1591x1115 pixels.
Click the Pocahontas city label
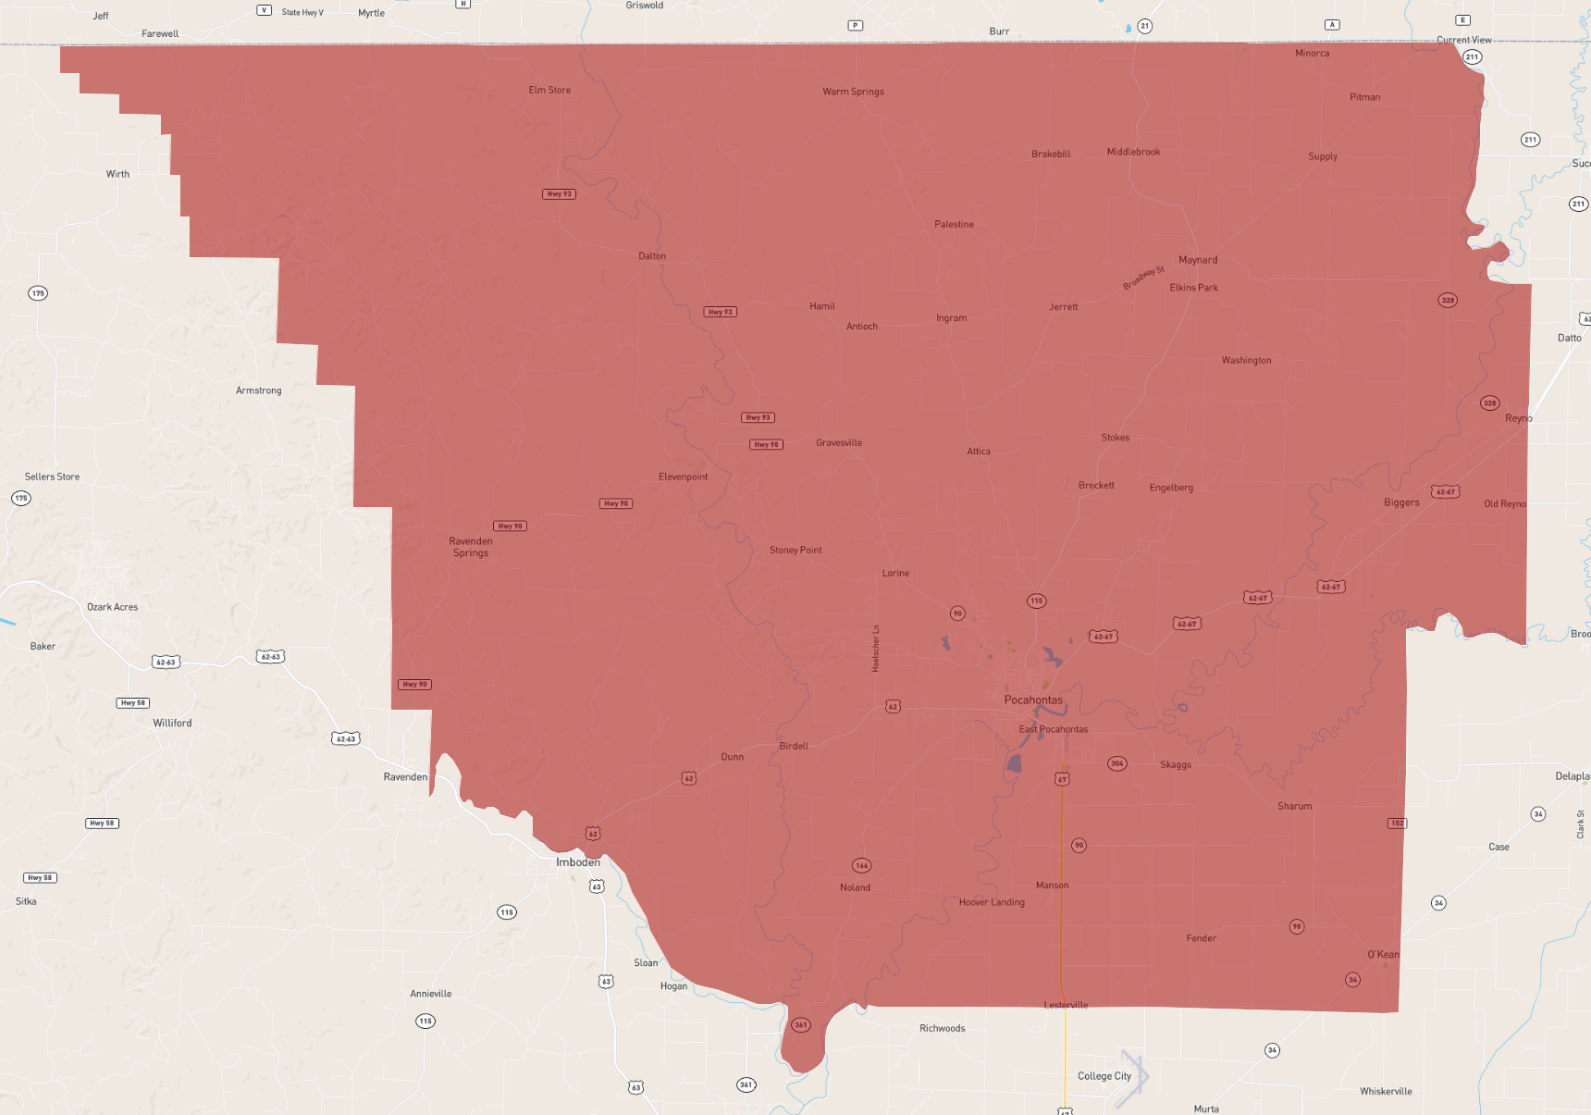[x=1033, y=700]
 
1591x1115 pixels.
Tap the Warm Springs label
[x=853, y=92]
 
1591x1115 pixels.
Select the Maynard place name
[x=1198, y=260]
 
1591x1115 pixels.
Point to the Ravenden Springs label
[x=471, y=547]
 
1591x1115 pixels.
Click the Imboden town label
[x=578, y=862]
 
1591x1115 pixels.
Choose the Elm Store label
[x=549, y=91]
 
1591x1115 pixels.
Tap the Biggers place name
[x=1401, y=502]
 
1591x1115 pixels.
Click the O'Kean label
[x=1383, y=955]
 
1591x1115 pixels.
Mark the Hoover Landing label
[x=992, y=902]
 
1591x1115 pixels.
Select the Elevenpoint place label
[x=683, y=477]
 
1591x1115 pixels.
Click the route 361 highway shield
[x=801, y=1024]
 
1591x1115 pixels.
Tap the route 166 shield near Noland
[x=861, y=866]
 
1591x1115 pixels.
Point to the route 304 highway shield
[x=1117, y=763]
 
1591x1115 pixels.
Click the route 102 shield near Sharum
[x=1397, y=823]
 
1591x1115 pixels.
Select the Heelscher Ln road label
[x=876, y=648]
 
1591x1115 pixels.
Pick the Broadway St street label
[x=1144, y=278]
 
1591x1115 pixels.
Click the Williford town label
[x=172, y=724]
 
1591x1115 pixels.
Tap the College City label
[x=1104, y=1076]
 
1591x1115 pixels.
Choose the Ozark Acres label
[x=112, y=607]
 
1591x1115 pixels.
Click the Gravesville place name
[x=839, y=443]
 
